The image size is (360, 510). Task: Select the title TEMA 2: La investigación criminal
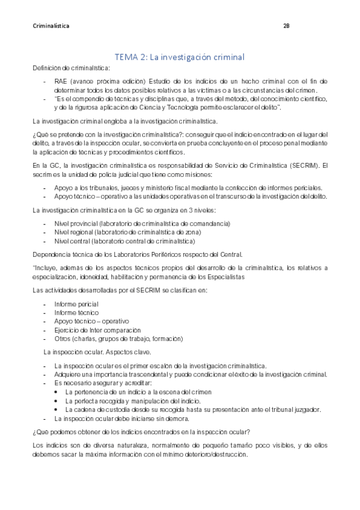[179, 57]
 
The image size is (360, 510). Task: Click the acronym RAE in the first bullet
[60, 81]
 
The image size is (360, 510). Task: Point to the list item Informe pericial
[76, 304]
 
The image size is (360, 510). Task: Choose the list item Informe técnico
[75, 313]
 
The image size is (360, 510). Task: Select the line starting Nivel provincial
[142, 223]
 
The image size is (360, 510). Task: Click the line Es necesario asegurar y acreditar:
[103, 382]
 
